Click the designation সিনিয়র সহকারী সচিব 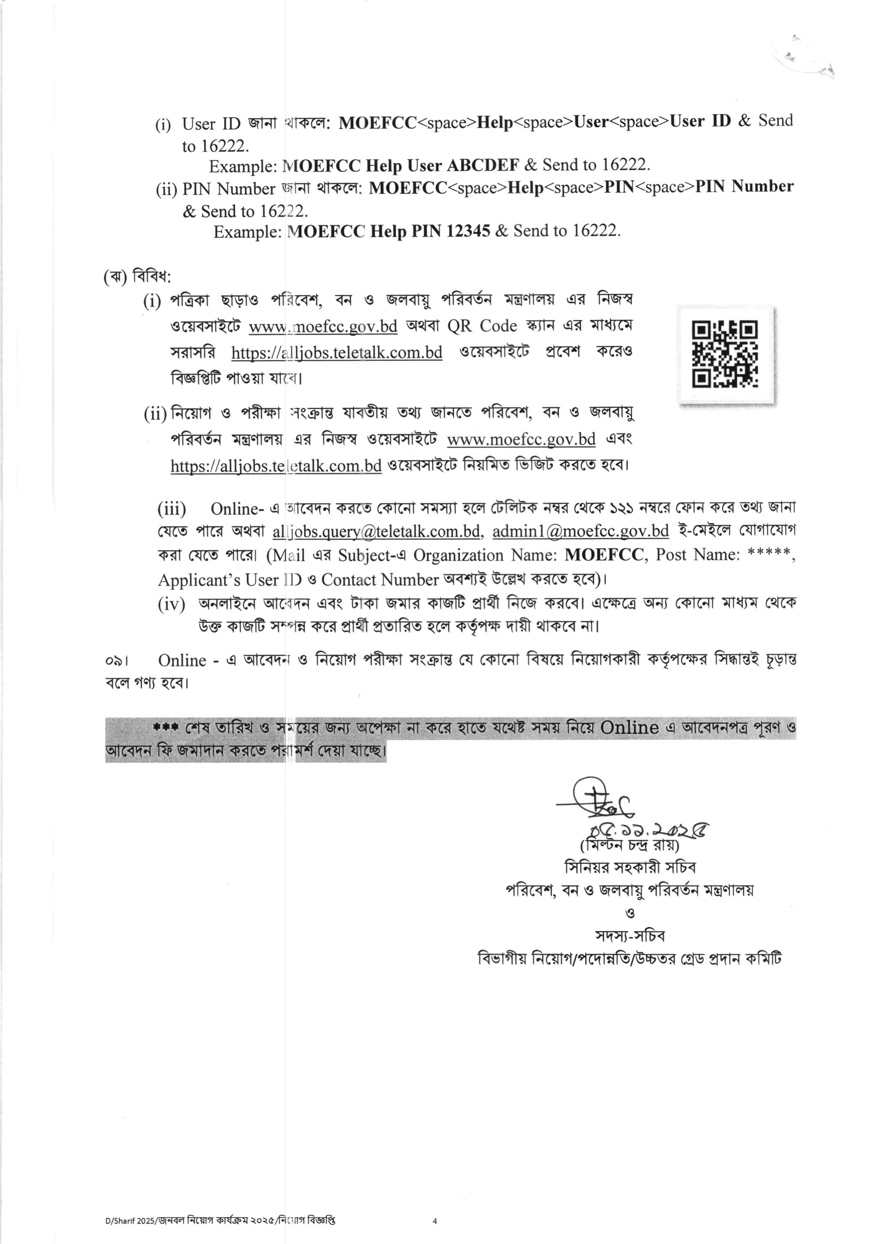630,867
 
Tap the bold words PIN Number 744,187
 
